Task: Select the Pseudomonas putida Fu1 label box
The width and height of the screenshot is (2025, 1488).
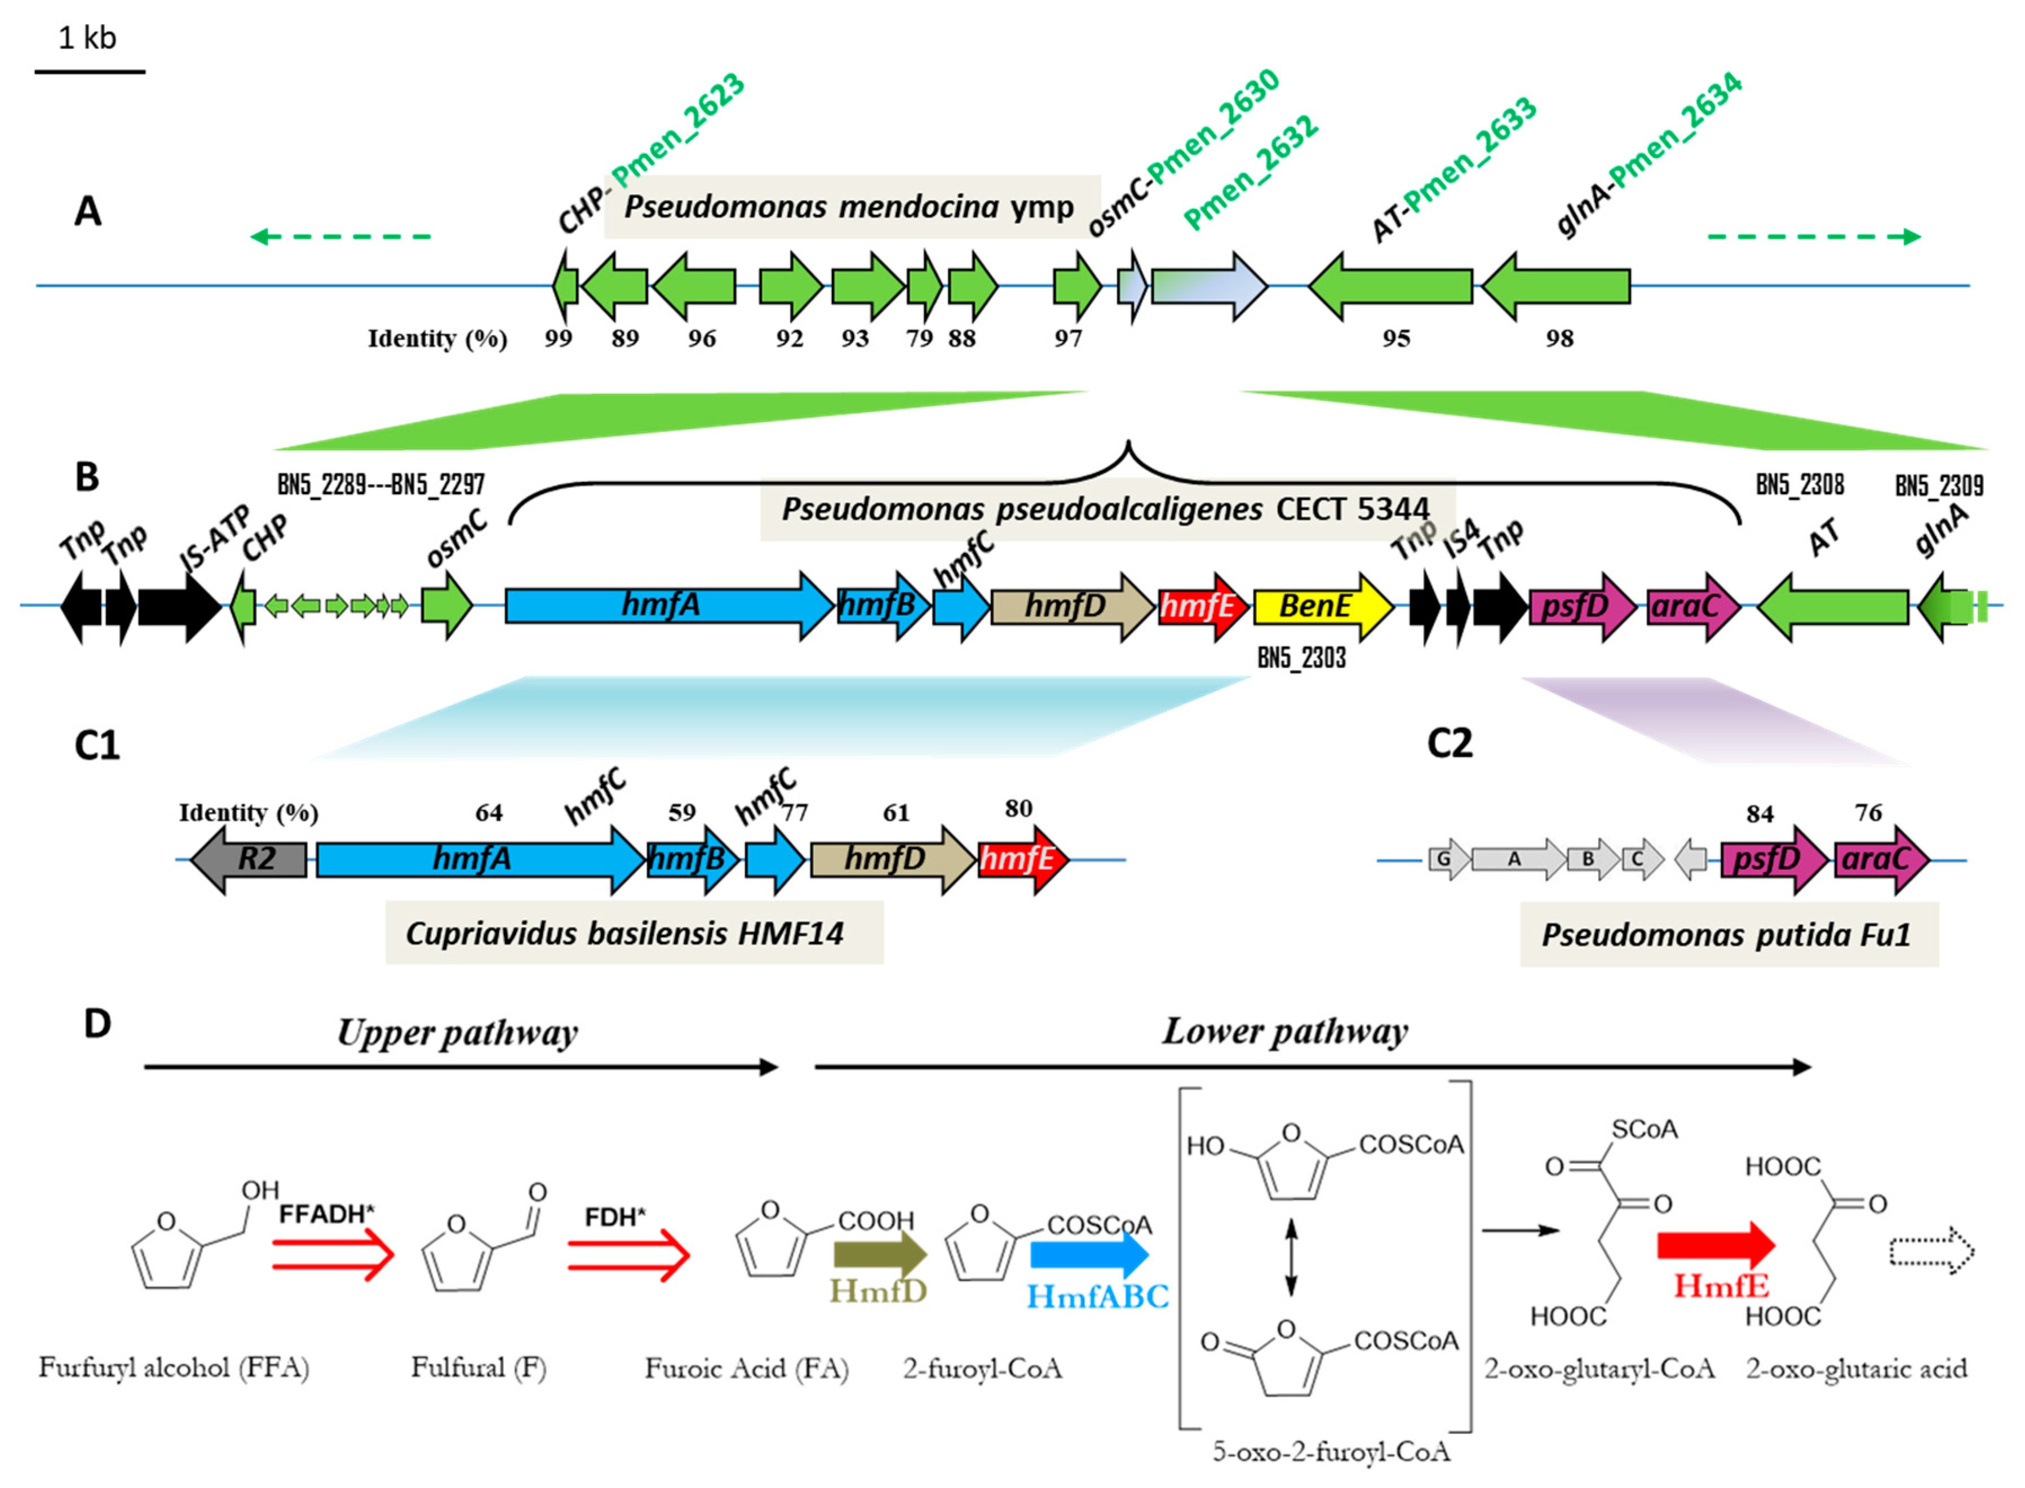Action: (x=1728, y=935)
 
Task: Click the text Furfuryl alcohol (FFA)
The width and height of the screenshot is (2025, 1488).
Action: (x=174, y=1368)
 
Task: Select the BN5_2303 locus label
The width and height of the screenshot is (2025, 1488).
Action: (x=1301, y=659)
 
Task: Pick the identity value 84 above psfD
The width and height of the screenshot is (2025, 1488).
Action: (x=1759, y=814)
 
